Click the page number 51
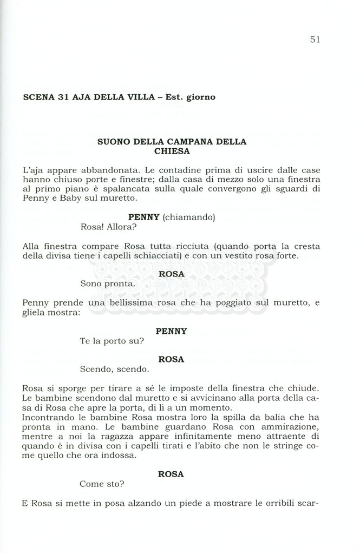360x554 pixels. pyautogui.click(x=315, y=39)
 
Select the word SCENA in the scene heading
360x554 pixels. pyautogui.click(x=37, y=97)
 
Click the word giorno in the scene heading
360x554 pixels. pyautogui.click(x=201, y=97)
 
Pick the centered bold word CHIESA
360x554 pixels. pyautogui.click(x=172, y=151)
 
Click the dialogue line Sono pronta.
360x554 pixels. pyautogui.click(x=107, y=283)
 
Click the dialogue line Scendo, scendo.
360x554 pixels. pyautogui.click(x=114, y=370)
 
